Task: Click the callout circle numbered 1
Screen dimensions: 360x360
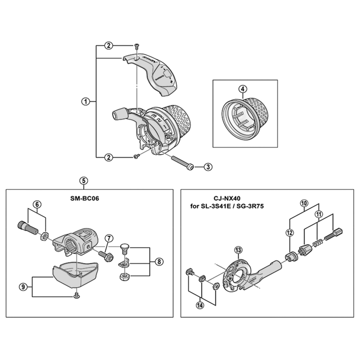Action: coord(85,102)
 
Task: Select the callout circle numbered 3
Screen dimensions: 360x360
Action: coord(208,167)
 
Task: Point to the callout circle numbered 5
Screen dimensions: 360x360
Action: coord(83,180)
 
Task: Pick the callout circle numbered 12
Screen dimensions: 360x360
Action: coord(289,233)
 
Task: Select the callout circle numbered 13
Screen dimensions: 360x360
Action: coord(238,250)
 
